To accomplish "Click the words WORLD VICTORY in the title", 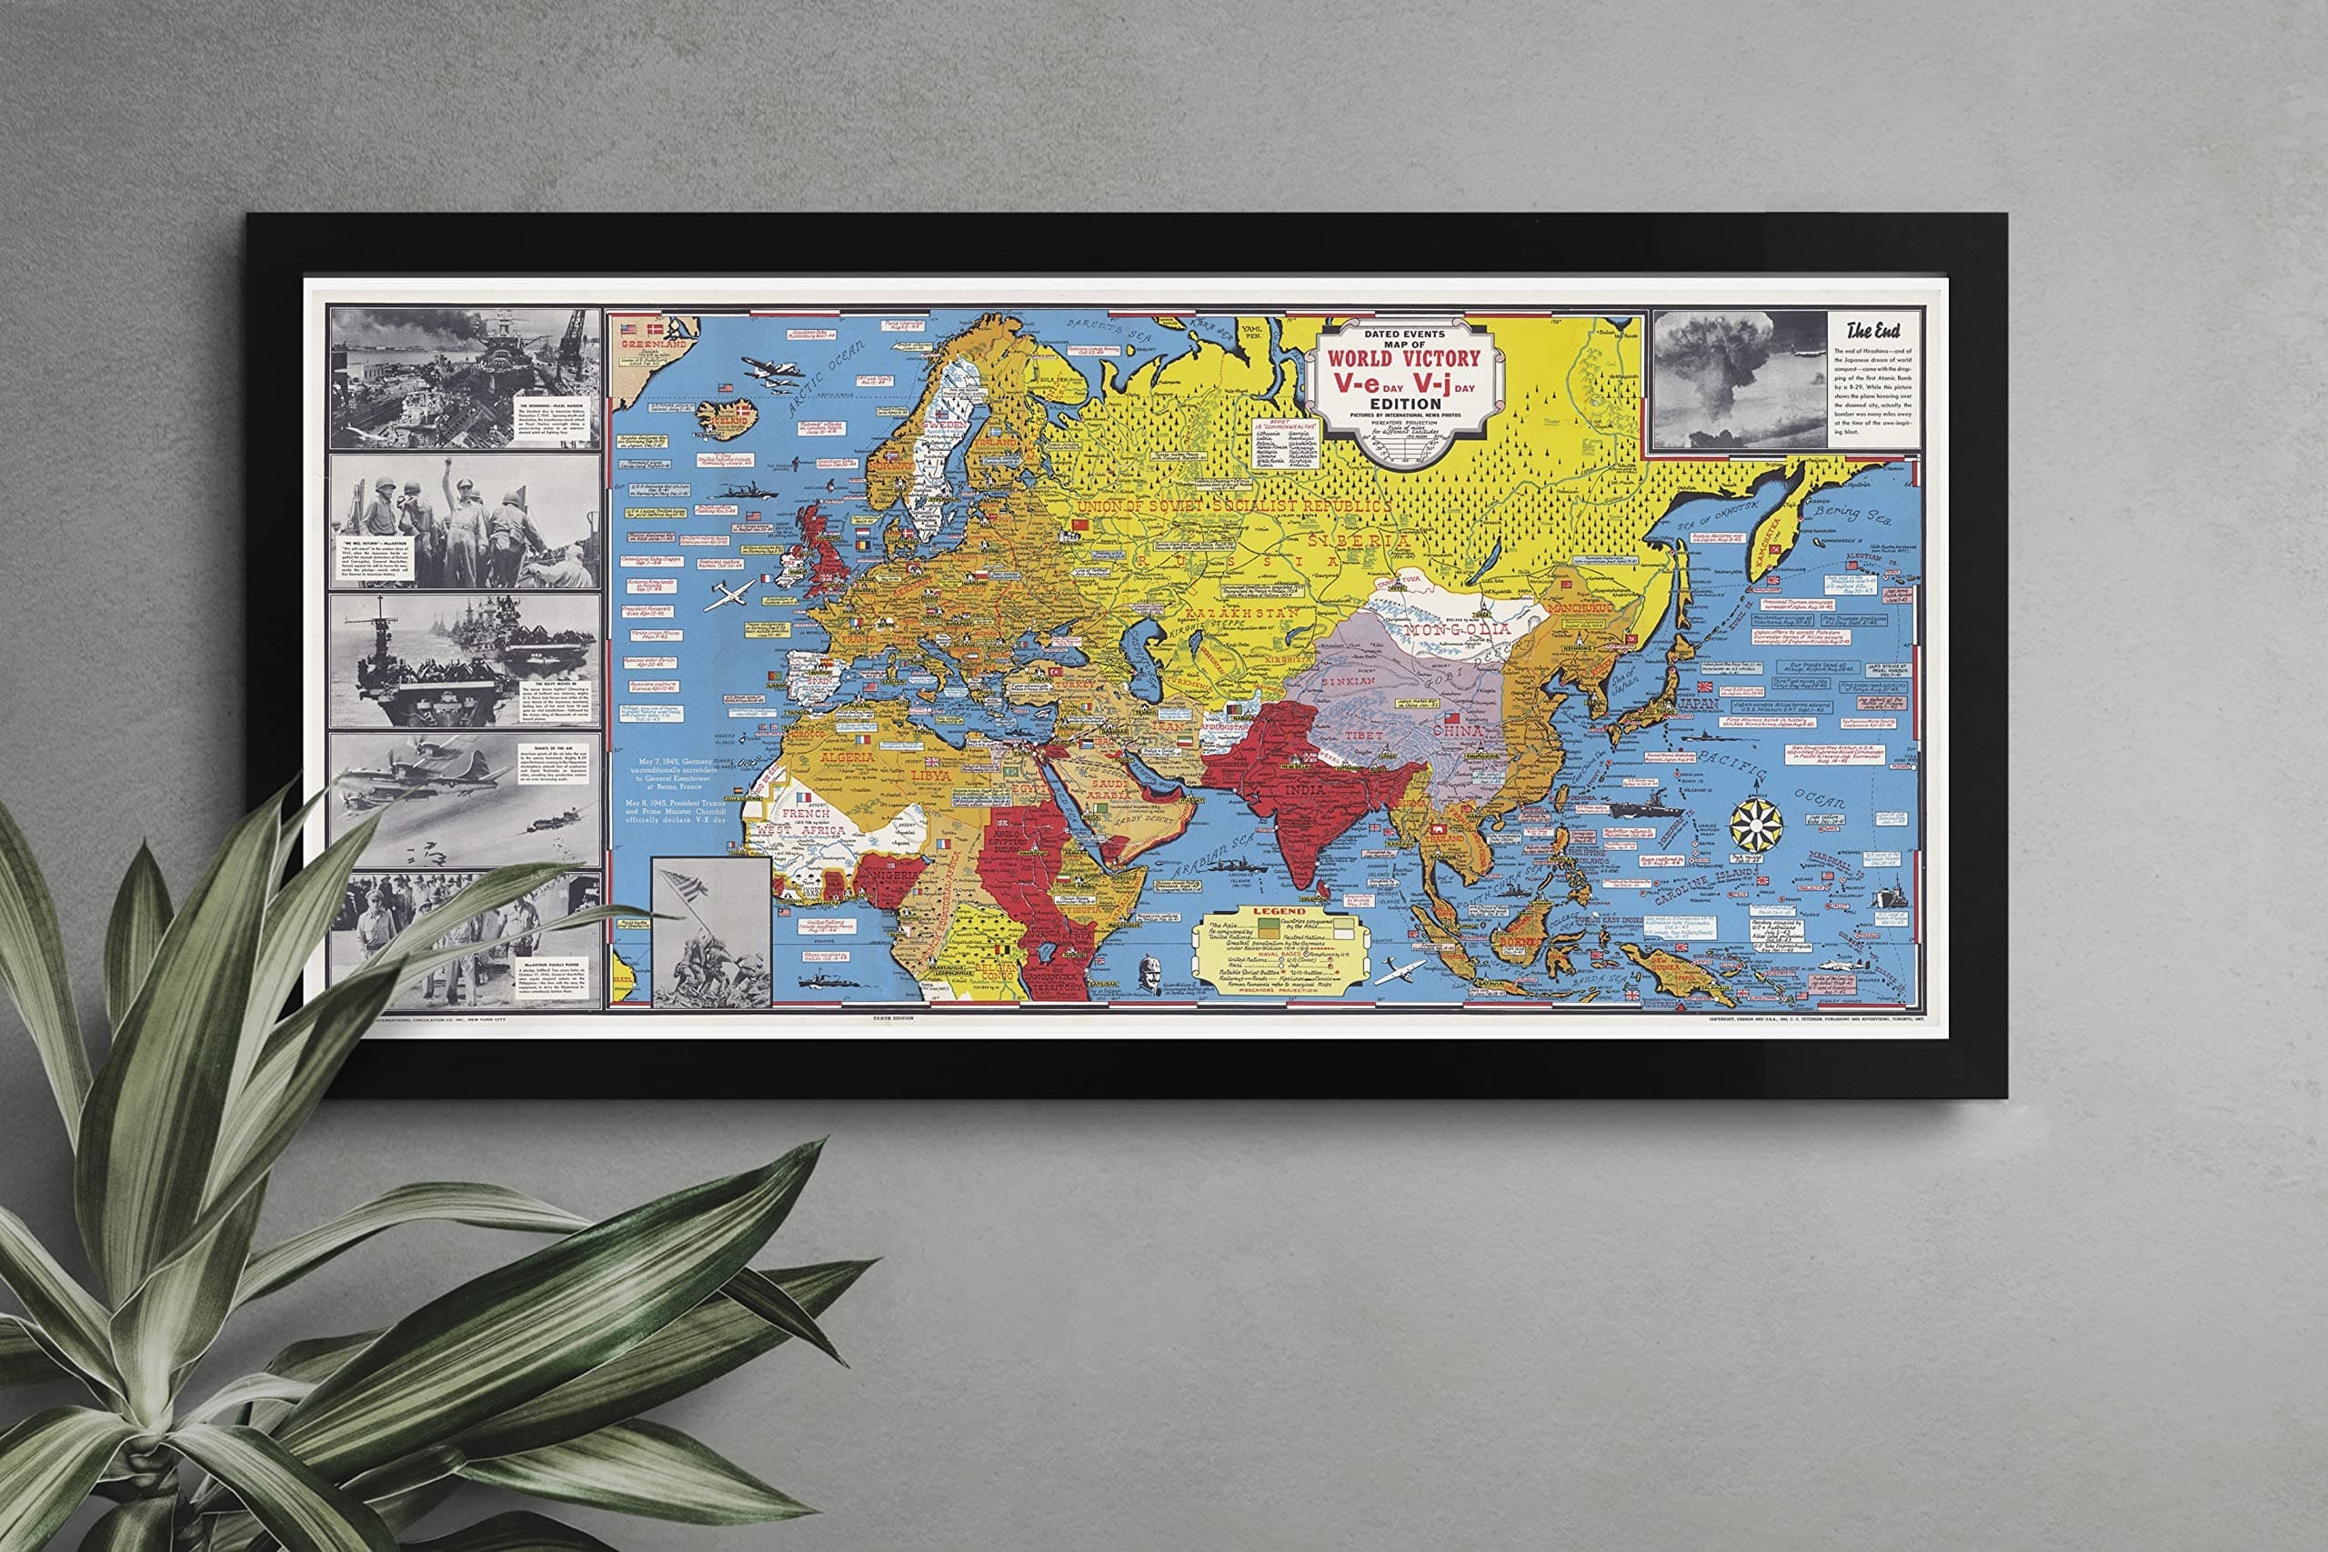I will coord(1403,358).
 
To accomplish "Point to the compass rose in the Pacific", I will coord(1757,823).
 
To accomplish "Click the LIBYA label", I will coord(930,776).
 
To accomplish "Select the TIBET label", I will coord(1365,736).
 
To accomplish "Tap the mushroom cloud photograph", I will coord(1739,380).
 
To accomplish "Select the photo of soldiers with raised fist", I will coord(463,521).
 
